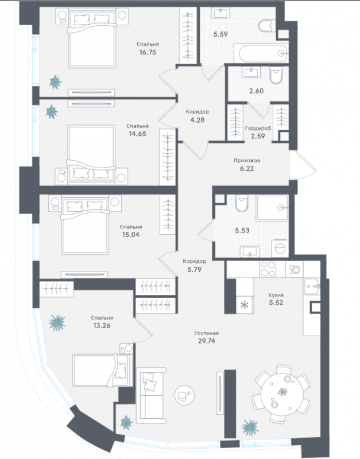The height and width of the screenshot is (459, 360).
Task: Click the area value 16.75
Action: coord(148,52)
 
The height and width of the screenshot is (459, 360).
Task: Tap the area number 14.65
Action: coord(137,134)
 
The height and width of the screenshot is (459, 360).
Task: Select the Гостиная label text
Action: coord(207,333)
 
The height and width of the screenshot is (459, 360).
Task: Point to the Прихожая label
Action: coord(247,161)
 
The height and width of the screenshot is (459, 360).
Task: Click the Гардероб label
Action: coord(258,128)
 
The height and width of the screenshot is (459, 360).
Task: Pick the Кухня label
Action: coord(276,295)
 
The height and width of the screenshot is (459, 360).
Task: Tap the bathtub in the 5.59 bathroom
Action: coord(263,53)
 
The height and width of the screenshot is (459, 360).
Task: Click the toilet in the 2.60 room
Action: coord(276,75)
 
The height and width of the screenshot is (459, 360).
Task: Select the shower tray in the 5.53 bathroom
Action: coord(272,208)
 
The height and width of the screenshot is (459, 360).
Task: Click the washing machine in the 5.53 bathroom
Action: coord(280,248)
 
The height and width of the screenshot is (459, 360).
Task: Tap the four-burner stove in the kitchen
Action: coord(268,269)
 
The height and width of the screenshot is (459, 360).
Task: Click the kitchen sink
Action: coord(311,286)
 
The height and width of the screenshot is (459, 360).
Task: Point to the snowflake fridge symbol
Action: coord(244,305)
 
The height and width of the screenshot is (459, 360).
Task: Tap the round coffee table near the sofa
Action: coord(184,395)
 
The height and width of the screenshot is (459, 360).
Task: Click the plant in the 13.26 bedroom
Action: coord(57,322)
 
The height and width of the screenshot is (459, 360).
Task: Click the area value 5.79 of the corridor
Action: coord(195,269)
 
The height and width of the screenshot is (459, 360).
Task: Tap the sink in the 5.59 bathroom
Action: coord(221,13)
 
